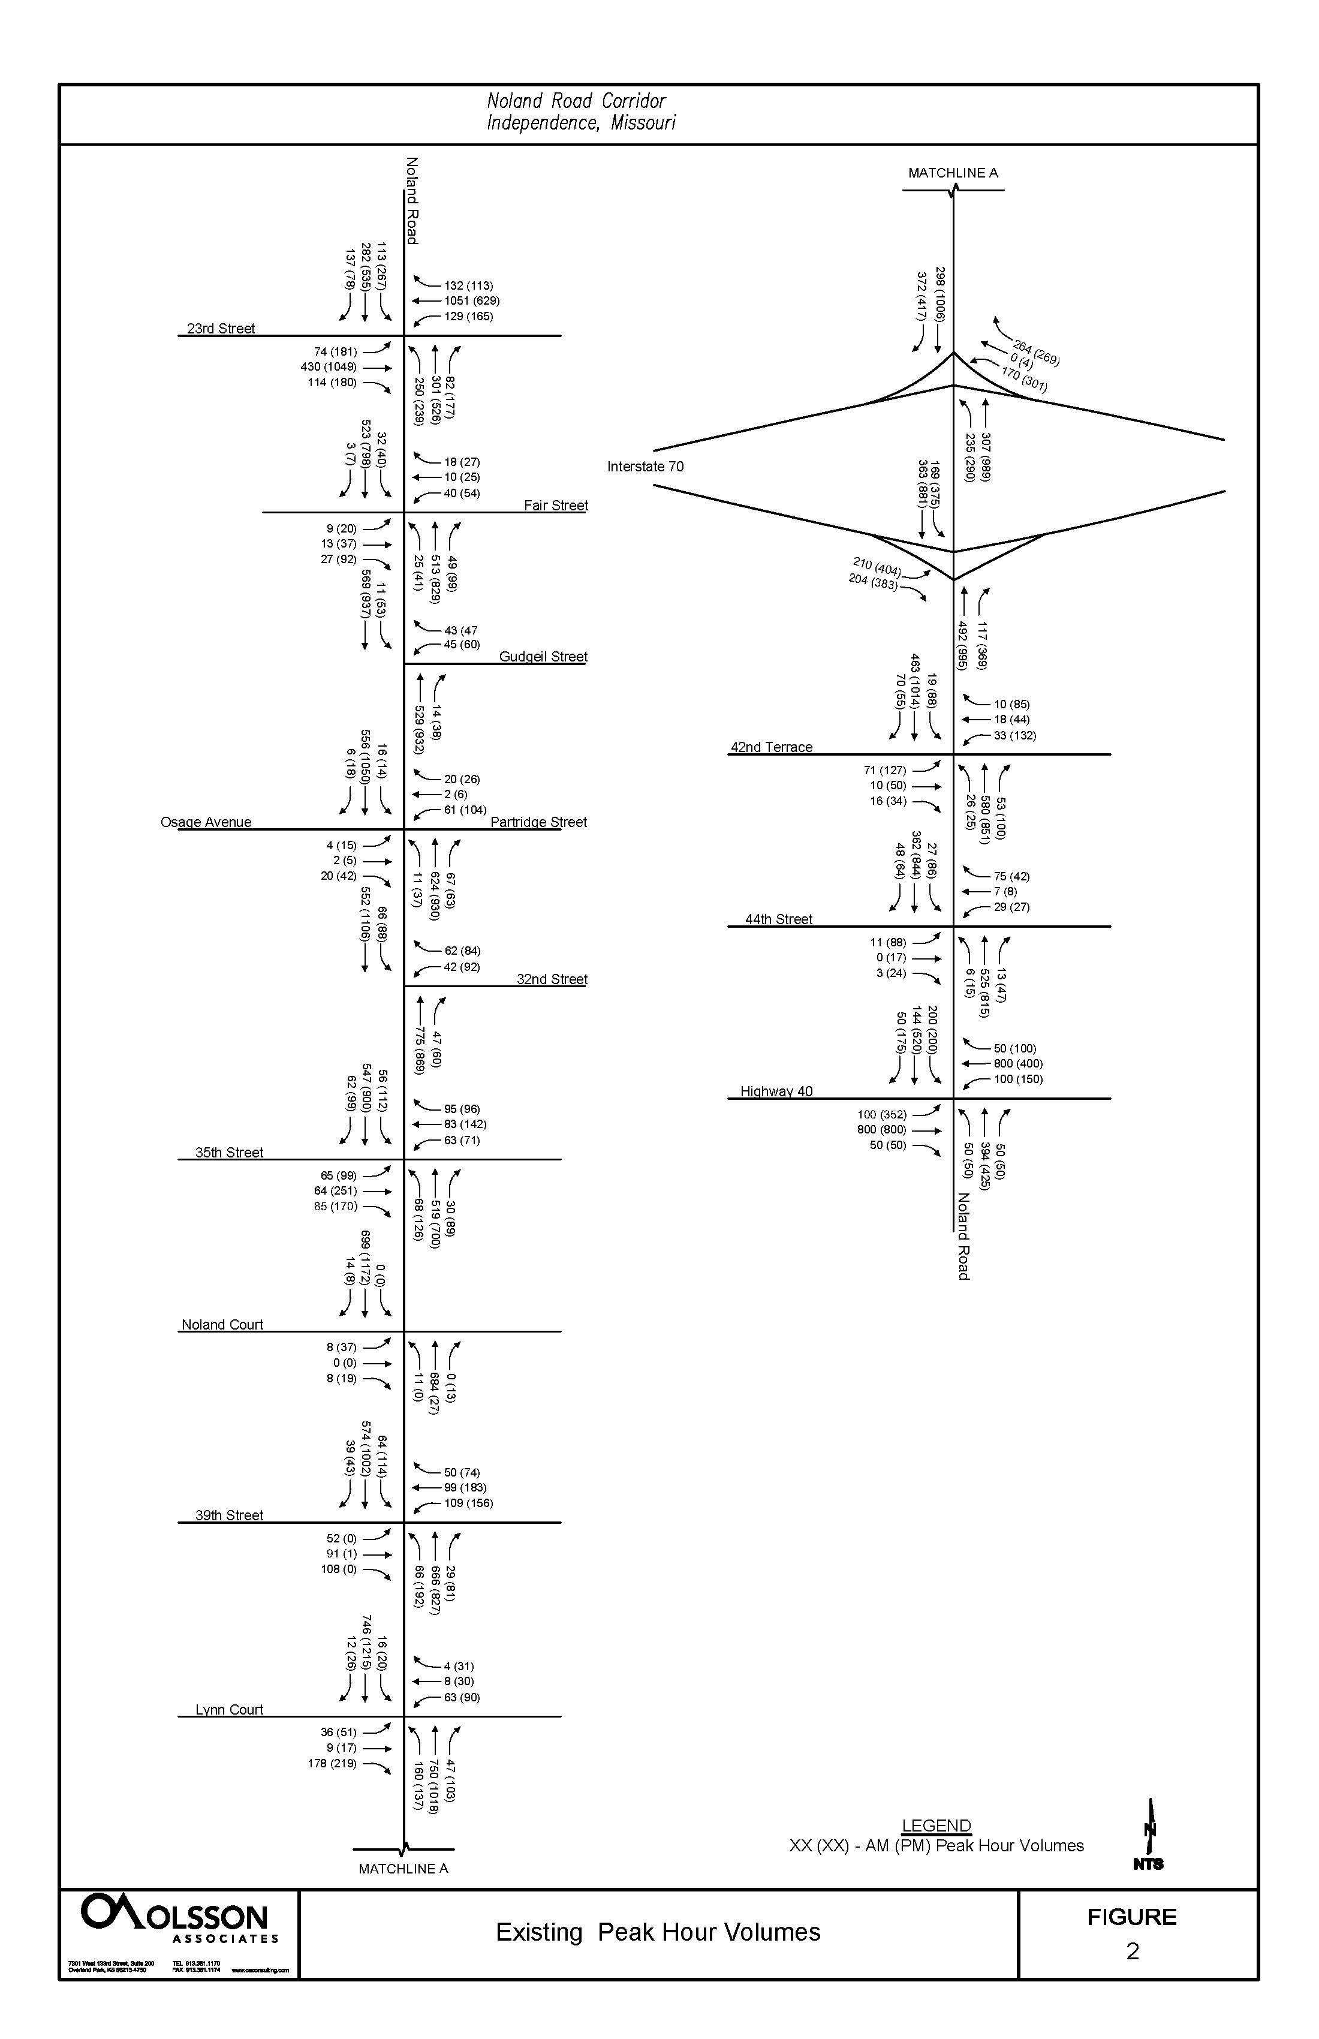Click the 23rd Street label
[x=221, y=328]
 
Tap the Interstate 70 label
[x=645, y=467]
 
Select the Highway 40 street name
[x=776, y=1091]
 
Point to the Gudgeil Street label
[x=543, y=657]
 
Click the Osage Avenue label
[x=206, y=822]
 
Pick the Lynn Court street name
[x=228, y=1710]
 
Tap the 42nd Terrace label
[x=771, y=747]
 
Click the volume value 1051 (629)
[x=471, y=300]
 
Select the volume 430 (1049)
[x=328, y=366]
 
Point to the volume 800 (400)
[x=1017, y=1064]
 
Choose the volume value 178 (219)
[x=332, y=1764]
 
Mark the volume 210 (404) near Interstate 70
[x=876, y=566]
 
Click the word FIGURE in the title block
[x=1131, y=1917]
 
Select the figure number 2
[x=1133, y=1951]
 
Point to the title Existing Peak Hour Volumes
[x=658, y=1933]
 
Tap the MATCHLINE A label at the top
[x=953, y=173]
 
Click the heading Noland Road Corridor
[x=576, y=101]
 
